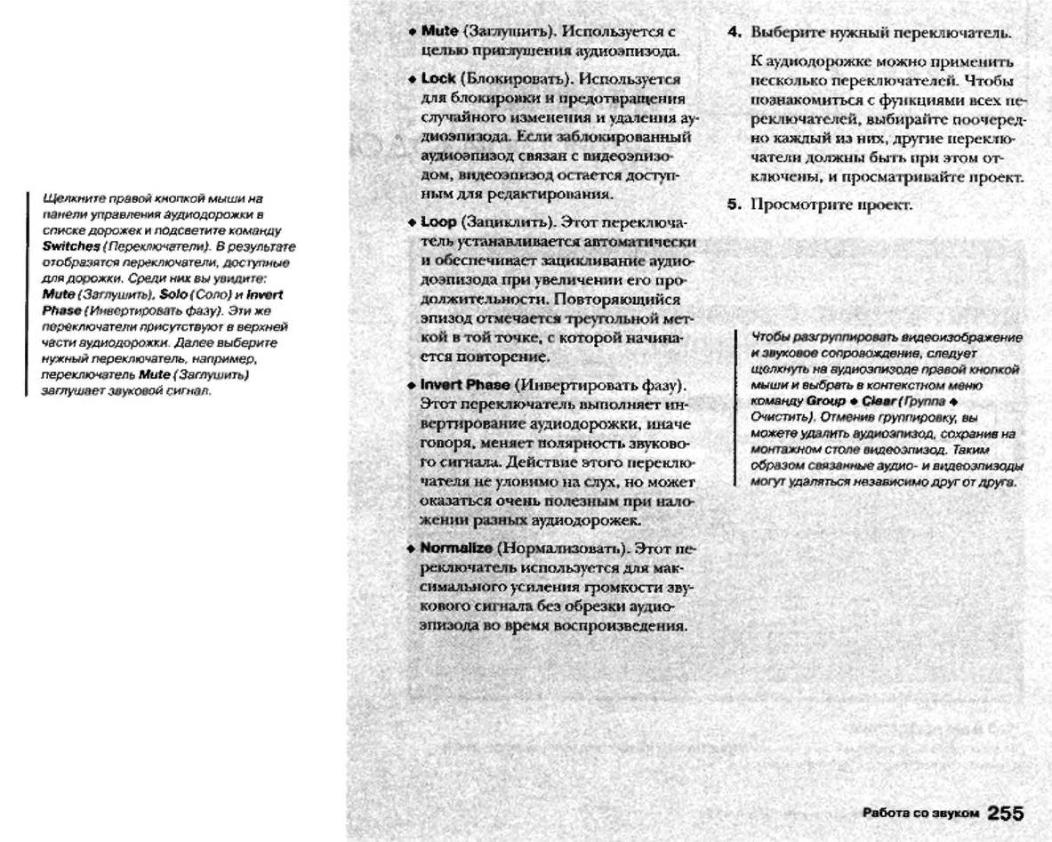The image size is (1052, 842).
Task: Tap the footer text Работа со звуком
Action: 920,813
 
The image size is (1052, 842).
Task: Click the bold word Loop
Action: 438,220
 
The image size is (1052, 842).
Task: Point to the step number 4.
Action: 735,33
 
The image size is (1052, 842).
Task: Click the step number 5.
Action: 735,204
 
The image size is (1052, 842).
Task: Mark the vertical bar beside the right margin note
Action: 737,407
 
